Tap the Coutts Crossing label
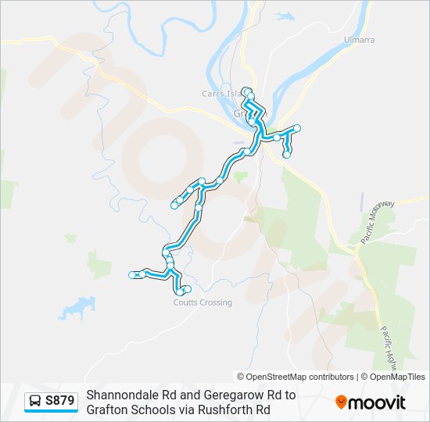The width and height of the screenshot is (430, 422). pyautogui.click(x=202, y=302)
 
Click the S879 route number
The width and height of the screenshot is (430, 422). pyautogui.click(x=60, y=402)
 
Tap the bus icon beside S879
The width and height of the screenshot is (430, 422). pyautogui.click(x=35, y=402)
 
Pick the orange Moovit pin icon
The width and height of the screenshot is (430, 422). pyautogui.click(x=341, y=402)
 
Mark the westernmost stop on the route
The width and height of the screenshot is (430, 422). pyautogui.click(x=132, y=274)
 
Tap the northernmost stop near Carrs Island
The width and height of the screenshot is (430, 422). pyautogui.click(x=246, y=91)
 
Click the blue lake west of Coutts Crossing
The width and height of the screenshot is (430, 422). pyautogui.click(x=76, y=307)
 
